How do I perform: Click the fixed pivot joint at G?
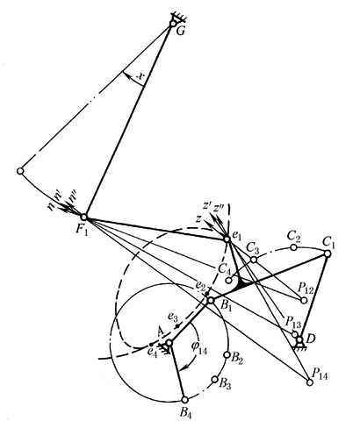172,24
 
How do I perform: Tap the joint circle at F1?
84,218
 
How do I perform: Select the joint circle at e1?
227,239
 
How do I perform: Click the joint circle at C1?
328,253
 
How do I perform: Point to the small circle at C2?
294,247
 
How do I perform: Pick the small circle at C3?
254,260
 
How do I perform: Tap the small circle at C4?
229,281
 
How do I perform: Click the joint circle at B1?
211,300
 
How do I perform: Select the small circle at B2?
227,354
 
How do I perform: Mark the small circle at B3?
214,380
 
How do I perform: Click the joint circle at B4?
184,400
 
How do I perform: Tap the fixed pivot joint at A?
169,342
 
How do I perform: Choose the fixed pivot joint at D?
299,339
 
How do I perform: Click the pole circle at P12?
304,300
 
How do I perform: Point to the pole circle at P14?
309,382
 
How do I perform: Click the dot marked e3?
177,326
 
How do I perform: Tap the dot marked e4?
151,345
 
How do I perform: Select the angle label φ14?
199,347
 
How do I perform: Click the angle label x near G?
141,76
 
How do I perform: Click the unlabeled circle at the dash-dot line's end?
20,171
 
